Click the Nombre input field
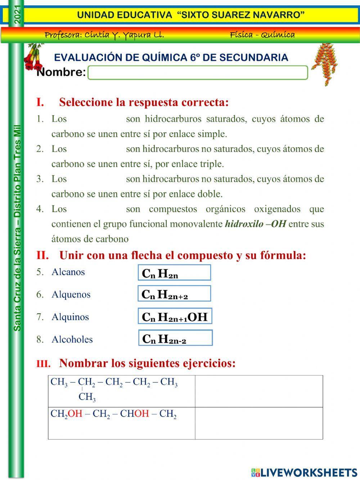tap(198, 72)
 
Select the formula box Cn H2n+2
tap(174, 294)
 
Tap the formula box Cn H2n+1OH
tap(175, 317)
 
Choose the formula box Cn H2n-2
tap(175, 338)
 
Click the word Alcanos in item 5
tap(68, 272)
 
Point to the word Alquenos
tap(71, 295)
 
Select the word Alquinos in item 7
tap(70, 317)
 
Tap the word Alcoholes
tap(72, 339)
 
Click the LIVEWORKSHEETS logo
tap(304, 472)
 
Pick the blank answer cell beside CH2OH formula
tap(258, 423)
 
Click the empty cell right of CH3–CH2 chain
tap(258, 391)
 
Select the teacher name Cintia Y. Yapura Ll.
tap(104, 35)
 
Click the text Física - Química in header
tap(262, 35)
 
